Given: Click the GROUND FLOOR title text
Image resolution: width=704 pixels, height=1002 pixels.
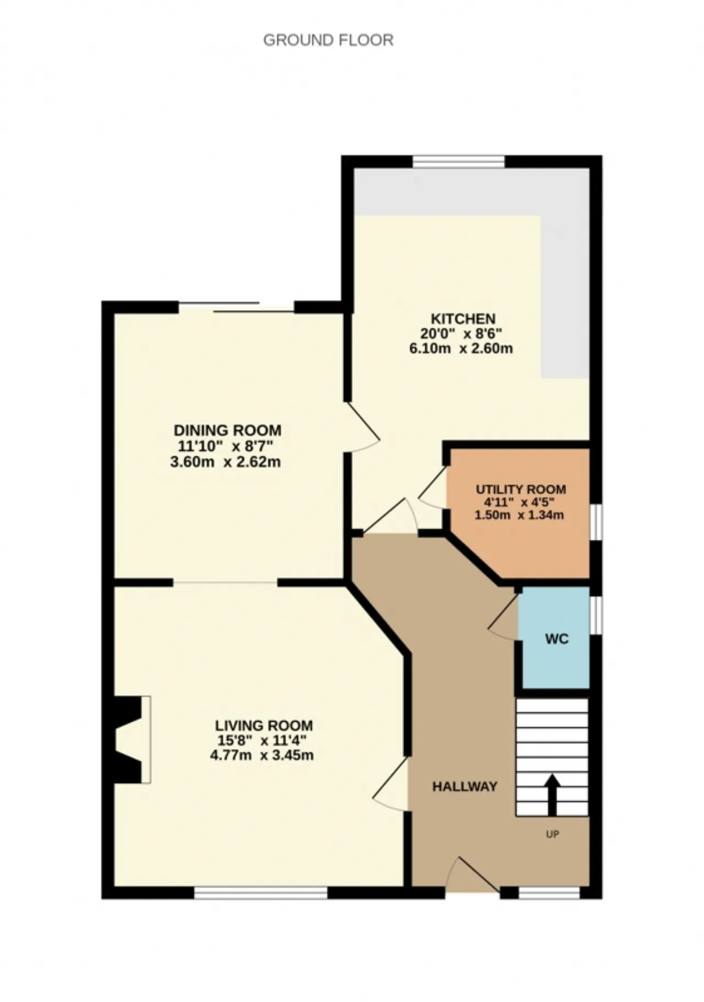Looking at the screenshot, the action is pyautogui.click(x=328, y=40).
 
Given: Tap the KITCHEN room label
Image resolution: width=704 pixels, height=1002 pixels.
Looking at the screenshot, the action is pyautogui.click(x=463, y=319).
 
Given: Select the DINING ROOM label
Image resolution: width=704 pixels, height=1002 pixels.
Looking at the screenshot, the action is pyautogui.click(x=227, y=430).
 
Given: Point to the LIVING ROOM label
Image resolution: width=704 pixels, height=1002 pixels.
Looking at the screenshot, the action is pyautogui.click(x=263, y=726).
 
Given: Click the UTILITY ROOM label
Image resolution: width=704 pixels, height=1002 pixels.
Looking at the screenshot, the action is pyautogui.click(x=520, y=489).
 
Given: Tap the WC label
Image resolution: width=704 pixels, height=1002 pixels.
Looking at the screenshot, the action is pyautogui.click(x=557, y=639).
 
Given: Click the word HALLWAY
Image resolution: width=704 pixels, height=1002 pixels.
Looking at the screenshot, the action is pyautogui.click(x=465, y=787).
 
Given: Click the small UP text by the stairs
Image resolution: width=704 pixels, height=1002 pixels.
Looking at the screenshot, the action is pyautogui.click(x=552, y=834).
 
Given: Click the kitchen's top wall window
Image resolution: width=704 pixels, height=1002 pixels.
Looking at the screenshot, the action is pyautogui.click(x=459, y=162).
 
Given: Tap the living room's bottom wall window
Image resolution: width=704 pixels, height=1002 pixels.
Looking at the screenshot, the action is pyautogui.click(x=261, y=893).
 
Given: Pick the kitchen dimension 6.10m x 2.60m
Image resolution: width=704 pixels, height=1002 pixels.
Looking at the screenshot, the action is pyautogui.click(x=461, y=348).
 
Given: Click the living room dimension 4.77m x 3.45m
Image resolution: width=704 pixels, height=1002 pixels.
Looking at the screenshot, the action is pyautogui.click(x=262, y=755).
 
